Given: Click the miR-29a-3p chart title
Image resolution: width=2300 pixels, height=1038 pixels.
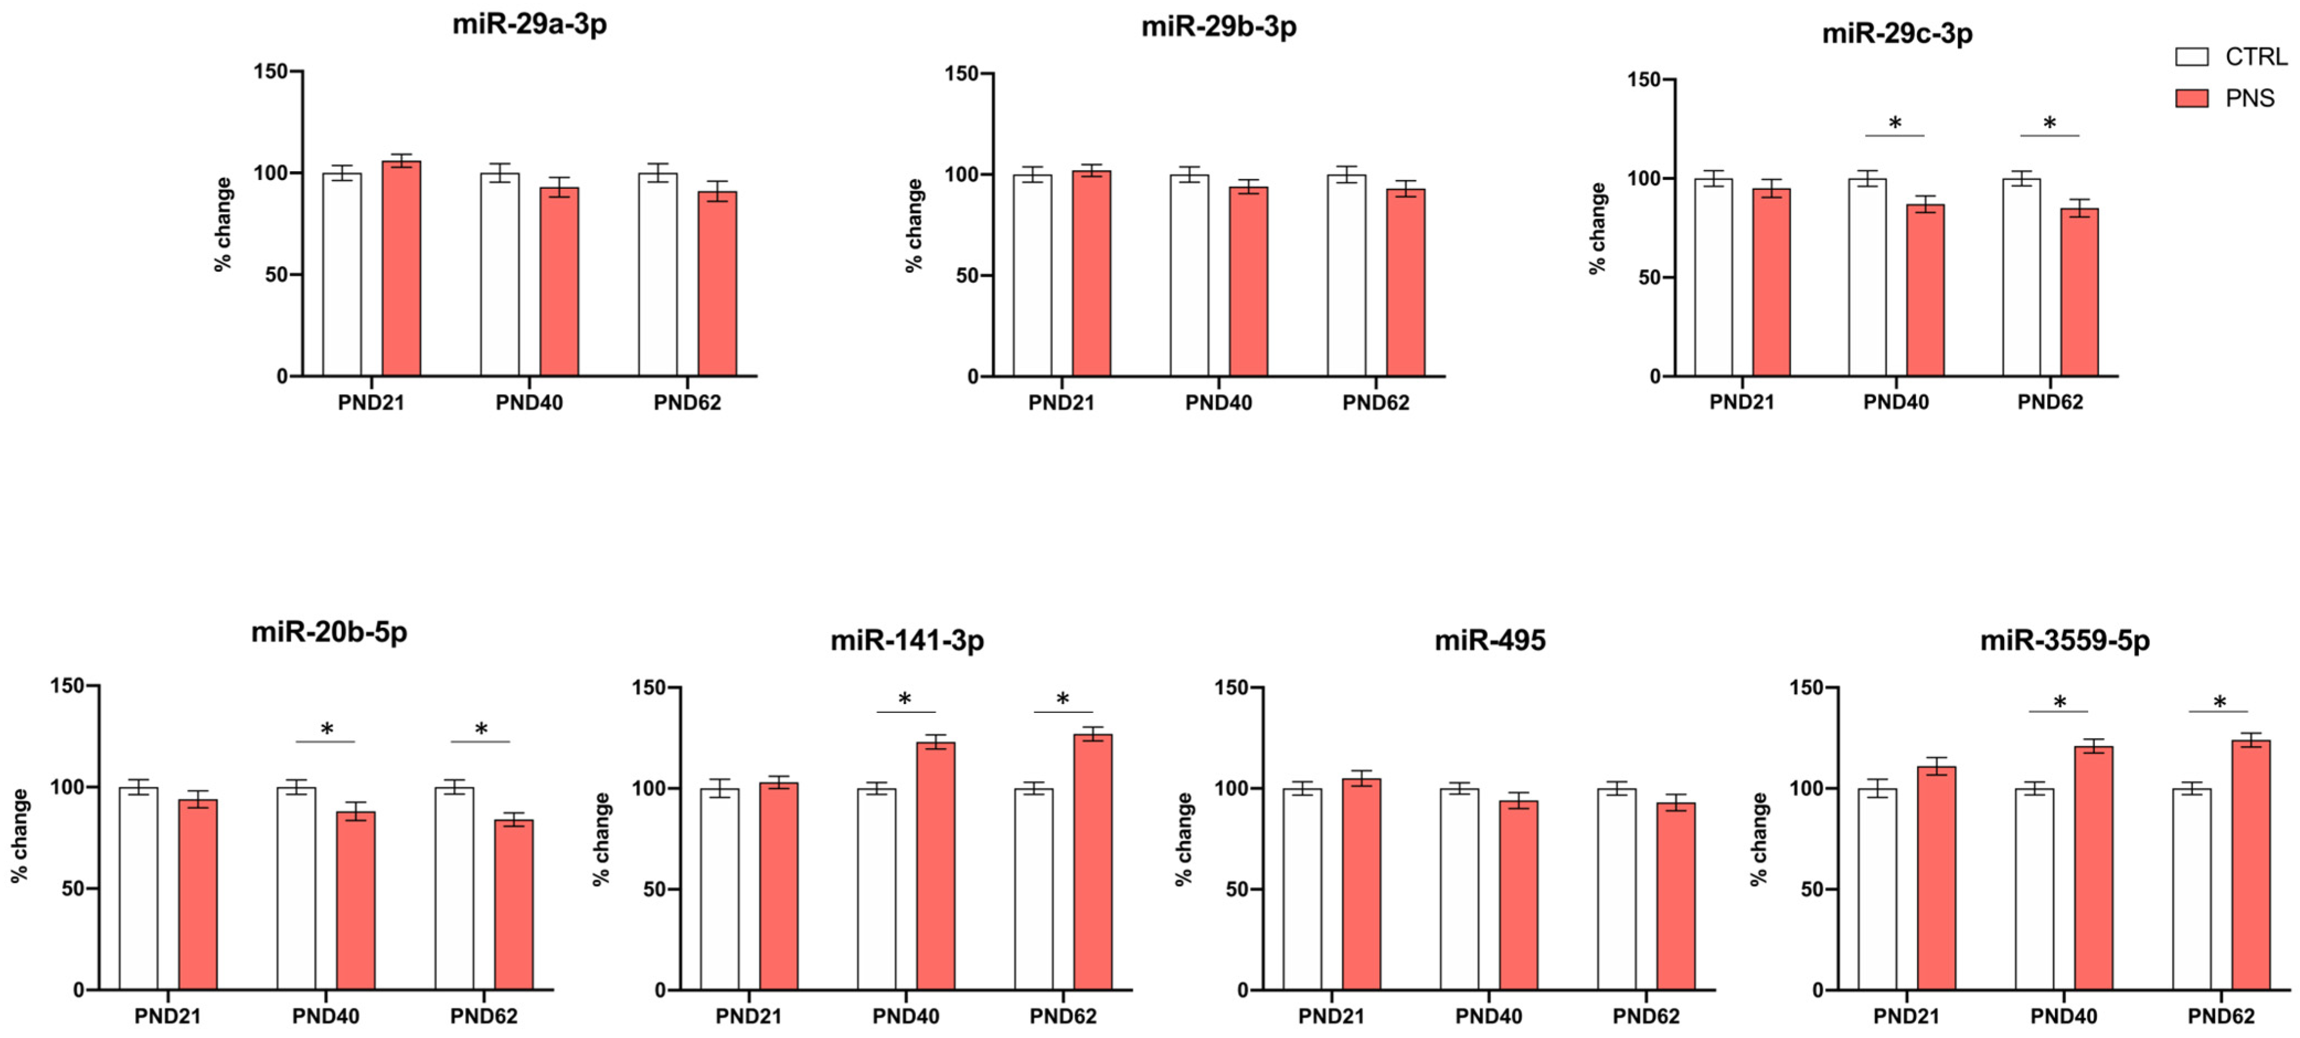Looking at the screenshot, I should click(x=529, y=24).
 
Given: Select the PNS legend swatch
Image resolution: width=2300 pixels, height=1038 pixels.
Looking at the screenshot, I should click(x=2191, y=98).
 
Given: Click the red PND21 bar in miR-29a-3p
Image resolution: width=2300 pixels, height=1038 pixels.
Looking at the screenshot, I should click(x=401, y=268).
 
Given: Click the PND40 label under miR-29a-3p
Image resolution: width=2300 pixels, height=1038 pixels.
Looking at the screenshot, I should click(x=529, y=403).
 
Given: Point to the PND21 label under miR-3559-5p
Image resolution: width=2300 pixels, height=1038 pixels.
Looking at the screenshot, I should click(x=1905, y=1016).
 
